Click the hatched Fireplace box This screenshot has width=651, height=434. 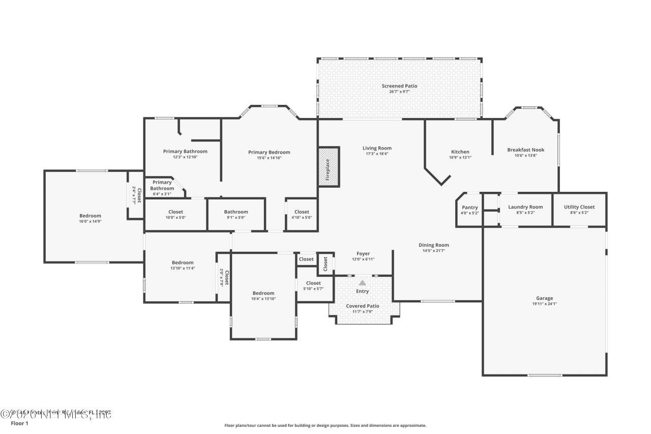(x=329, y=166)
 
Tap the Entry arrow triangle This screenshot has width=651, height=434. (x=362, y=282)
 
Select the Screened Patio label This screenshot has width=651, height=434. (x=399, y=86)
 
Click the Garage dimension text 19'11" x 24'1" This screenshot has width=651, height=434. (x=544, y=304)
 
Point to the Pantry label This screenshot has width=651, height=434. (x=469, y=207)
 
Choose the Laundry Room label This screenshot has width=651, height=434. (x=525, y=207)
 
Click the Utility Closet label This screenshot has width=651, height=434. (x=579, y=207)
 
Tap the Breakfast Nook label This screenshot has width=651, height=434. (x=525, y=150)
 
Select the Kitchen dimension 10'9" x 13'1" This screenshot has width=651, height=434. (x=460, y=157)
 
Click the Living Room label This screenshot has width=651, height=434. (x=377, y=148)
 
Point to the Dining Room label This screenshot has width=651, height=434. (x=434, y=245)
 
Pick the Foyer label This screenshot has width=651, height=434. (x=363, y=253)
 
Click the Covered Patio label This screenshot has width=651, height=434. (x=363, y=306)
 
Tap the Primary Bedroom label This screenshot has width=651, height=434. (x=269, y=152)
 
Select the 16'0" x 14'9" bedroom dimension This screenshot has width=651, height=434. (x=90, y=221)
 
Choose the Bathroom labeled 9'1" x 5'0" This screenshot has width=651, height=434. (x=236, y=212)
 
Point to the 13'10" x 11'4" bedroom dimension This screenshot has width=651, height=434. (x=182, y=268)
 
